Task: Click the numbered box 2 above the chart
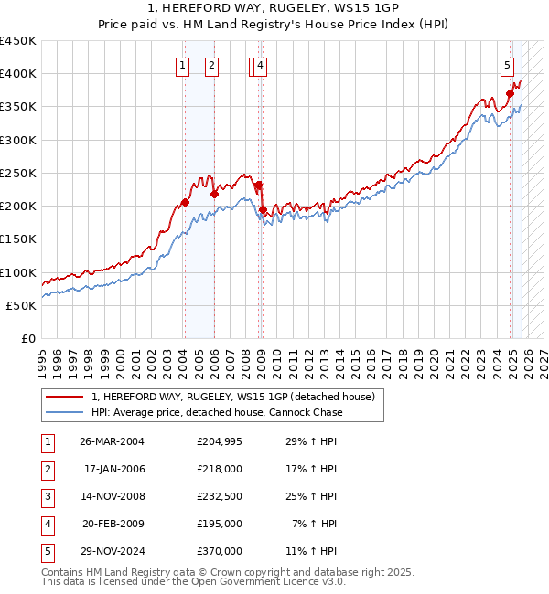coord(211,65)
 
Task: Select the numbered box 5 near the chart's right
coord(507,65)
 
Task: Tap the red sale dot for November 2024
coord(510,93)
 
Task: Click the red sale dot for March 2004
coord(185,203)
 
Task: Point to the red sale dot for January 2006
coord(214,194)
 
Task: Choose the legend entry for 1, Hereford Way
coord(232,397)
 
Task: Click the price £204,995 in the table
coord(220,441)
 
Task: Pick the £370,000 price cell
coord(220,551)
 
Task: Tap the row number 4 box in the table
coord(47,524)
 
